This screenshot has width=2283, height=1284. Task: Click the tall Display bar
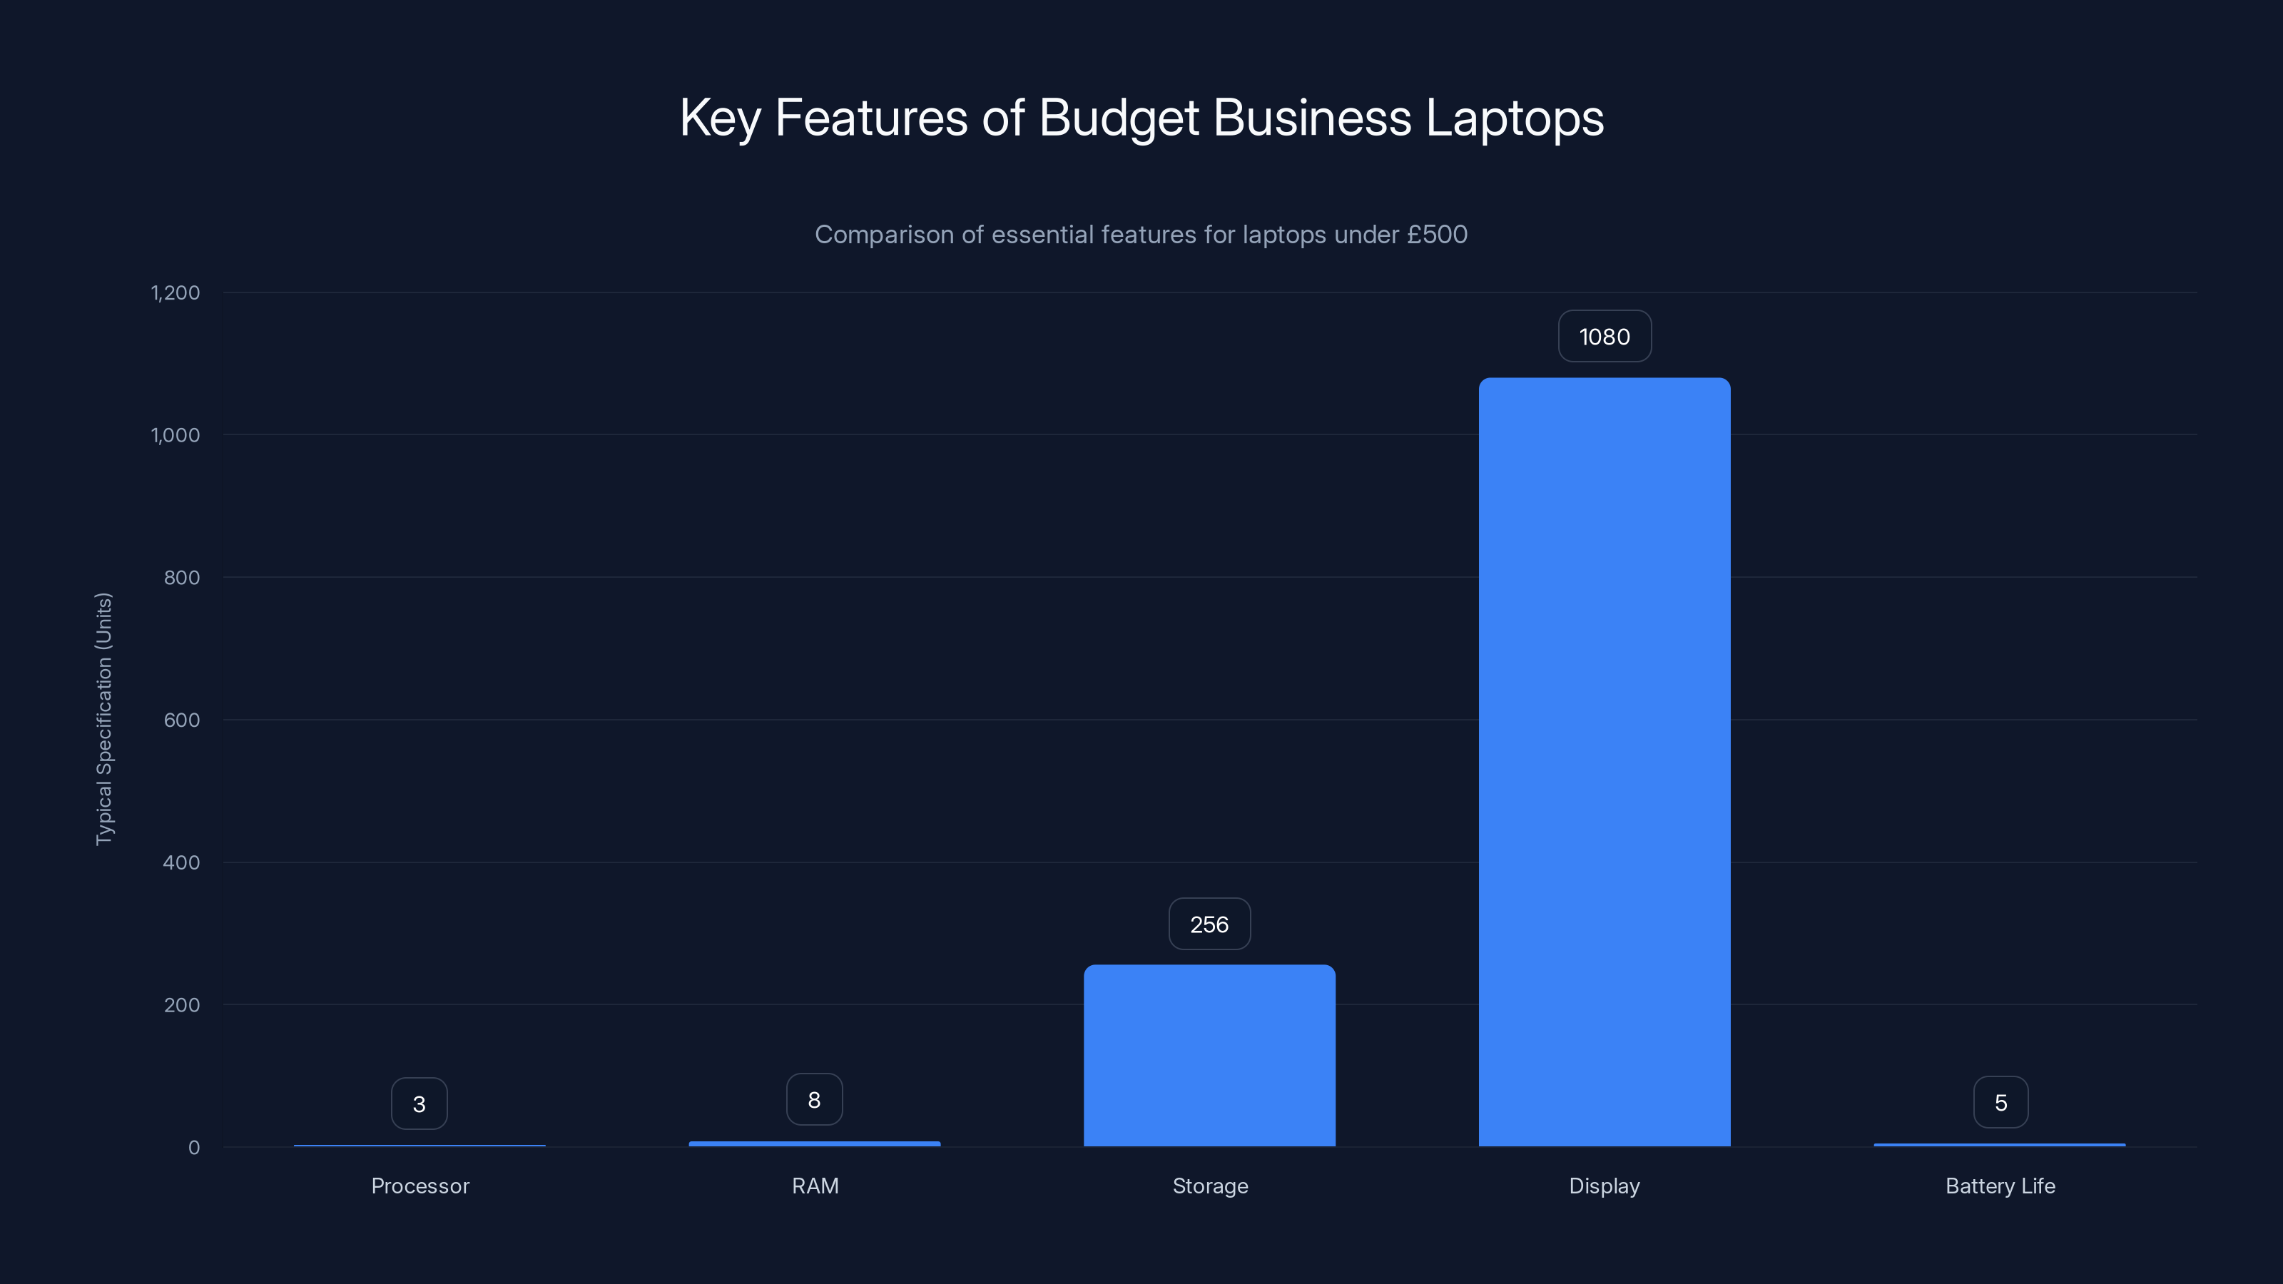tap(1604, 762)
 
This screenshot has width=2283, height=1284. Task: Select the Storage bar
tap(1209, 1056)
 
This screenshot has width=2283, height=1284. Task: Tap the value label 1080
tap(1604, 337)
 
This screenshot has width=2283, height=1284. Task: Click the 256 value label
tap(1209, 924)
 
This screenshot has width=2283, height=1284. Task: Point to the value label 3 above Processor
tap(420, 1104)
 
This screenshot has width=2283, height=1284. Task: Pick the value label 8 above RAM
tap(813, 1100)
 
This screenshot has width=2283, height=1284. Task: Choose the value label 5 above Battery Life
tap(2000, 1102)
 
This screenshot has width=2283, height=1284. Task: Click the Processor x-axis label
tap(420, 1186)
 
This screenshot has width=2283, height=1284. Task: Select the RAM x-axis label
tap(815, 1186)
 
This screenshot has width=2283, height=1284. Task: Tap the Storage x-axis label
tap(1210, 1186)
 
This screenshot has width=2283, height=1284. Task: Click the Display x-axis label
tap(1604, 1186)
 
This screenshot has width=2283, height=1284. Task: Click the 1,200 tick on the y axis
tap(176, 292)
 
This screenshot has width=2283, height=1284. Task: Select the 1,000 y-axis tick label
tap(176, 435)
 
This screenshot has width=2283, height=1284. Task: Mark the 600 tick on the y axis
tap(182, 720)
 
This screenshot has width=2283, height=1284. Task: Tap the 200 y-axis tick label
tap(182, 1005)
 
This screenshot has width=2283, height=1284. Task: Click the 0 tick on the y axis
tap(194, 1148)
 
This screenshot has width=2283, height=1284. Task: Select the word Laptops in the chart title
tap(1515, 118)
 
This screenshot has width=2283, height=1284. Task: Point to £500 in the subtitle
tap(1437, 235)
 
